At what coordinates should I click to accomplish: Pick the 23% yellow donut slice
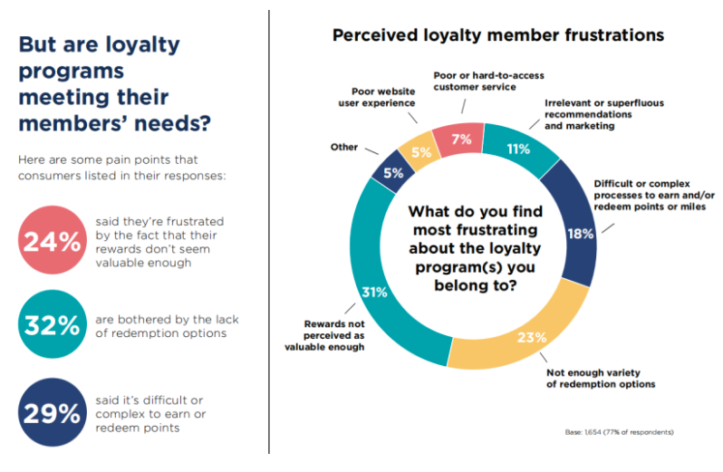coord(529,338)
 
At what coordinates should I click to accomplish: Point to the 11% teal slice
coord(518,149)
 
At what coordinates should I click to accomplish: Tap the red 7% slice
coord(460,139)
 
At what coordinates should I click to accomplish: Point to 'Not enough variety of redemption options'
coord(599,378)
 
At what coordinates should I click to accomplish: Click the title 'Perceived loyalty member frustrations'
coord(498,35)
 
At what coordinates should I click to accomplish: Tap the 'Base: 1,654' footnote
coord(619,432)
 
